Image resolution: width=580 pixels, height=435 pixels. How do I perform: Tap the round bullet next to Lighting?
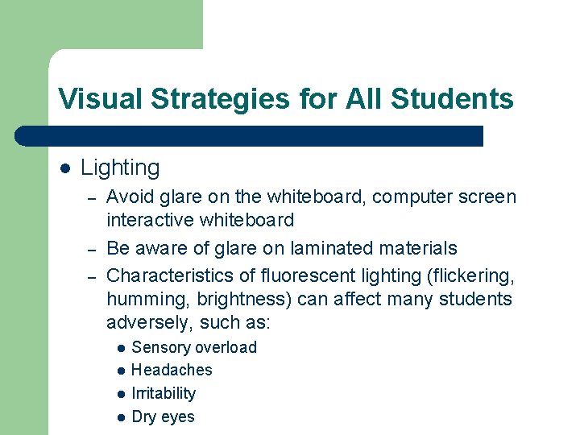point(65,168)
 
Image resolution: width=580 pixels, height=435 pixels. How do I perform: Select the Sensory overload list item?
point(193,348)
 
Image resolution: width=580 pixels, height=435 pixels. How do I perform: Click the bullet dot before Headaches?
point(120,371)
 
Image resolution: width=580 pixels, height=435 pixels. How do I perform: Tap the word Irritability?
point(164,394)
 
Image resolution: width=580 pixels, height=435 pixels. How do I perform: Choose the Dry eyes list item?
point(163,417)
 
